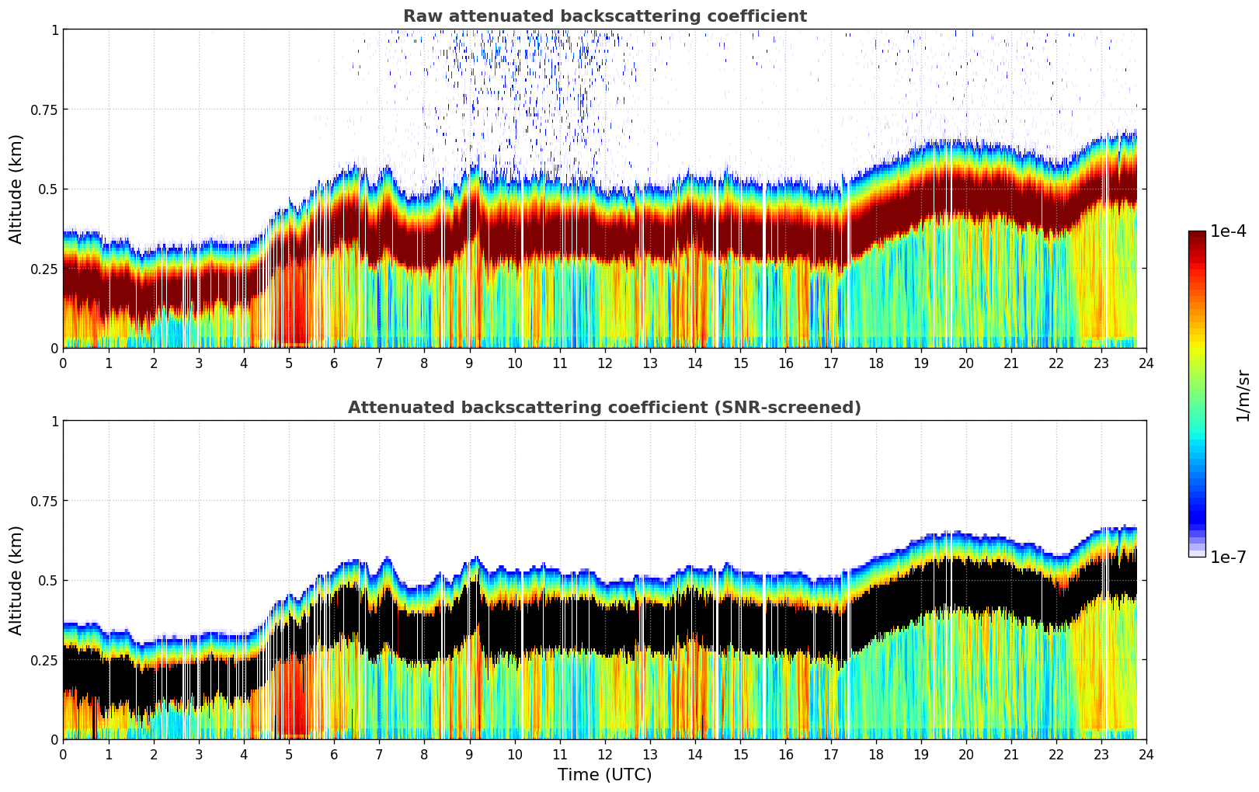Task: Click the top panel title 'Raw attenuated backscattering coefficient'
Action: click(604, 16)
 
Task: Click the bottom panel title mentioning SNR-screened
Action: click(604, 408)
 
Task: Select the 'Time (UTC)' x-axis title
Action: click(604, 775)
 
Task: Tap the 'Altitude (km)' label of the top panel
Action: click(16, 189)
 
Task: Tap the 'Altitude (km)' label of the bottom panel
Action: click(16, 580)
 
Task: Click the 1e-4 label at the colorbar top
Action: click(1228, 231)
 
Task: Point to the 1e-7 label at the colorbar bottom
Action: click(1228, 557)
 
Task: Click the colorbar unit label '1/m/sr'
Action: click(1243, 395)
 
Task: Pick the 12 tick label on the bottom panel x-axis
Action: click(605, 754)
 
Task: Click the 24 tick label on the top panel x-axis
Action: click(1146, 363)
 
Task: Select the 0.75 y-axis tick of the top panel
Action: click(46, 109)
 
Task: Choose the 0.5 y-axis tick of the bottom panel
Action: click(50, 580)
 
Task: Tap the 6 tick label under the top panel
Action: click(334, 363)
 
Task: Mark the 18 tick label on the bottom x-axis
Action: click(875, 754)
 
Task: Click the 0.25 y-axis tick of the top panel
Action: click(46, 269)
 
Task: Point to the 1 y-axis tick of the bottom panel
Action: click(54, 421)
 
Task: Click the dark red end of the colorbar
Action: click(1196, 236)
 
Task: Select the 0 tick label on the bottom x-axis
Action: click(63, 754)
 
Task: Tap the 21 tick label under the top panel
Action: click(1010, 363)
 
